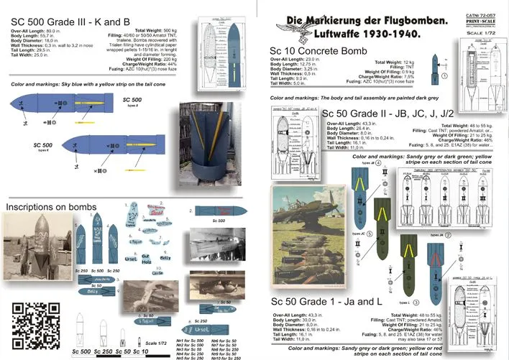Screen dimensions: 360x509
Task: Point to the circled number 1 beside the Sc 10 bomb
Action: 445,75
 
